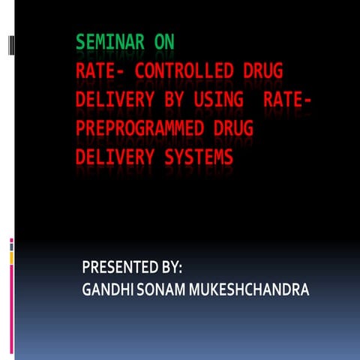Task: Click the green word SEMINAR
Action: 110,43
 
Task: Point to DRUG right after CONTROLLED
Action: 261,72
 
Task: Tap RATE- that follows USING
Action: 289,100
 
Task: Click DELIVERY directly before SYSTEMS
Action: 110,157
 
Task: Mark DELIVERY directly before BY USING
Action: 110,100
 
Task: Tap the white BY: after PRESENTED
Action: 173,267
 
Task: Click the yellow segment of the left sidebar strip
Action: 11,258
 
